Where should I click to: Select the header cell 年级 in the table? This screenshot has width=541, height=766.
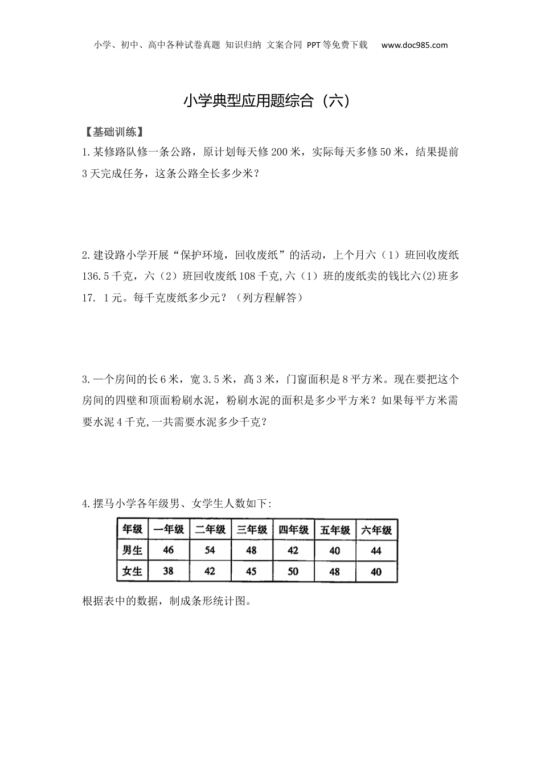pos(133,529)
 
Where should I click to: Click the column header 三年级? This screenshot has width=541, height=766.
pos(252,529)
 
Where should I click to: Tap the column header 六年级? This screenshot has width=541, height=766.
pos(376,529)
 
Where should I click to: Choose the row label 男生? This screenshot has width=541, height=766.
pos(133,551)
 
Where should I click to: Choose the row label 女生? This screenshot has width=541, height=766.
pos(133,571)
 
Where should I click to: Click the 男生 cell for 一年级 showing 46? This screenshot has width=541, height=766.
pos(168,551)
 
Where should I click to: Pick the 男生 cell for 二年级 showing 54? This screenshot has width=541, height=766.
pos(210,551)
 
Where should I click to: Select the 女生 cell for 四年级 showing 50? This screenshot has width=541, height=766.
pos(293,571)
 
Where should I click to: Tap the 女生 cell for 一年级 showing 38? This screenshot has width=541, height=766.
pos(168,571)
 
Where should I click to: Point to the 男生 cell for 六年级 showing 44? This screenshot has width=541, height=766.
pos(376,551)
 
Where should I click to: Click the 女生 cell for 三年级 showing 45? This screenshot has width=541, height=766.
pos(251,571)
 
